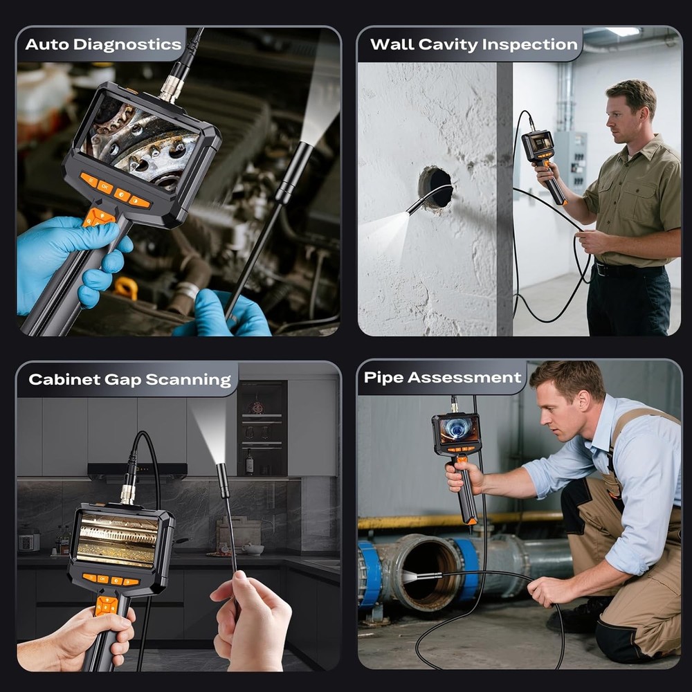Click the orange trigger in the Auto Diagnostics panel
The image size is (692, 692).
point(98,217)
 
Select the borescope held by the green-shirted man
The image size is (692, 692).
point(539,149)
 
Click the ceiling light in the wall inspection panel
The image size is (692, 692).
point(623,32)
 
